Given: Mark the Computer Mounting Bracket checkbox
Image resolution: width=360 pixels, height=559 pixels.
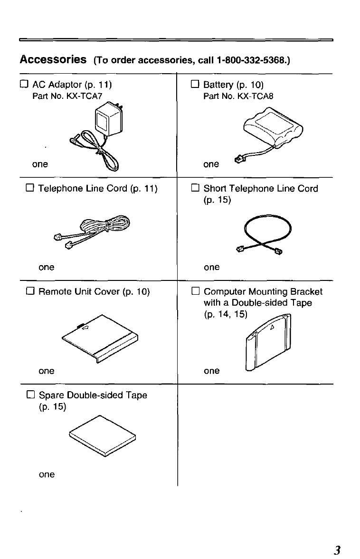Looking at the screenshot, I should [194, 291].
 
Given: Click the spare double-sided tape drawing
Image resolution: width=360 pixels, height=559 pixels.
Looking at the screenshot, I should [102, 436].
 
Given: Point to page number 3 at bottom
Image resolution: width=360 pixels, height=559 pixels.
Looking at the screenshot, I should [337, 550].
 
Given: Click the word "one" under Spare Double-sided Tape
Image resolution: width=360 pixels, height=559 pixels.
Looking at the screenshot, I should [47, 474].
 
